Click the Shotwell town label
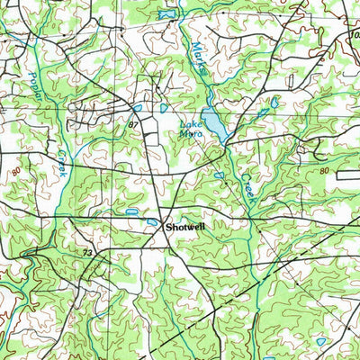pyautogui.click(x=184, y=228)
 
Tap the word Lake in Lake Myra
pyautogui.click(x=189, y=125)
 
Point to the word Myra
pyautogui.click(x=189, y=134)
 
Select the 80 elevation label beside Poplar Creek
pyautogui.click(x=17, y=170)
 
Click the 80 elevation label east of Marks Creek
pyautogui.click(x=325, y=169)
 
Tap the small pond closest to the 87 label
pyautogui.click(x=138, y=108)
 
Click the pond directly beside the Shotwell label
pyautogui.click(x=153, y=222)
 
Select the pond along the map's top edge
pyautogui.click(x=166, y=14)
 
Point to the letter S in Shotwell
pyautogui.click(x=167, y=228)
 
